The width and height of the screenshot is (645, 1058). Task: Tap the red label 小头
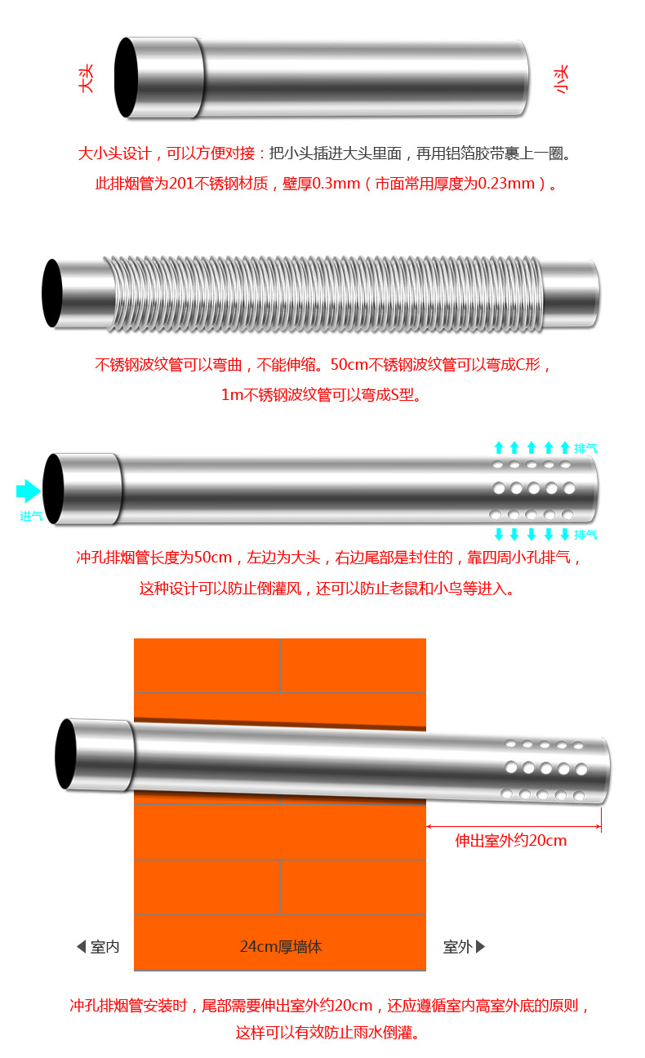(x=562, y=79)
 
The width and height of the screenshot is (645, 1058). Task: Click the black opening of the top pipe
(x=127, y=77)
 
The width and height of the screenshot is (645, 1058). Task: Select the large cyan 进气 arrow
(x=29, y=491)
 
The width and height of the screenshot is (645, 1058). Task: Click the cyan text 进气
(x=31, y=516)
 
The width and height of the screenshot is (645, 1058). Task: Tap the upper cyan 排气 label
(x=585, y=447)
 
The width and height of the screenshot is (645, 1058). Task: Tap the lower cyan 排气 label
(x=585, y=535)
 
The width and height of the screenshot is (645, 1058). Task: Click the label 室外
(x=458, y=947)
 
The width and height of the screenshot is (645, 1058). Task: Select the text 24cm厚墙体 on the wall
(x=281, y=947)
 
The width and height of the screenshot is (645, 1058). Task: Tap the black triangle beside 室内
(x=81, y=947)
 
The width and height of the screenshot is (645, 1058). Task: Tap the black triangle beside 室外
(x=481, y=947)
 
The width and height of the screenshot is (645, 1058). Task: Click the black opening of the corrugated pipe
(x=52, y=293)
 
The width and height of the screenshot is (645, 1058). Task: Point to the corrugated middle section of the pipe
(x=327, y=294)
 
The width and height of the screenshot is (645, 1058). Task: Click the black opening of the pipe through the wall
(x=65, y=754)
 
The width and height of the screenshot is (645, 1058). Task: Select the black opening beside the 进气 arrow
(x=53, y=488)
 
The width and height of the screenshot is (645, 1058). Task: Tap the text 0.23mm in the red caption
(x=506, y=184)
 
